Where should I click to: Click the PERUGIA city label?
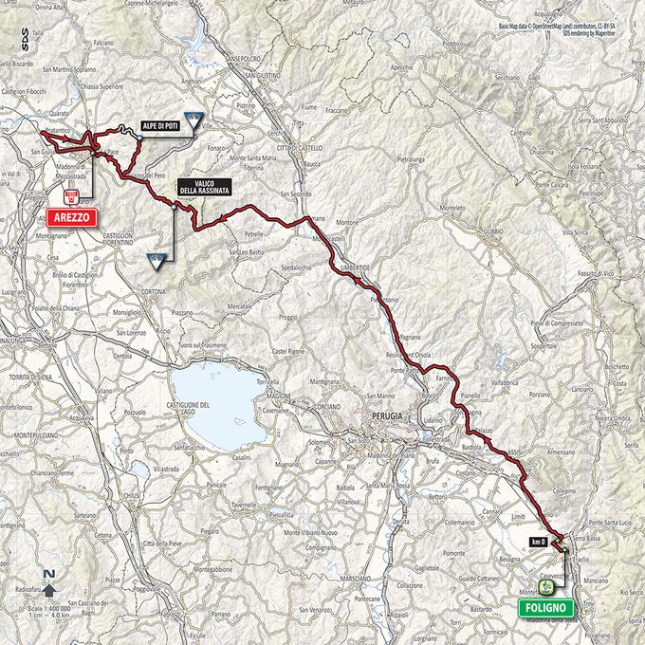coord(388,416)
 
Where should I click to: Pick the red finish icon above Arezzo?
coord(70,197)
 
